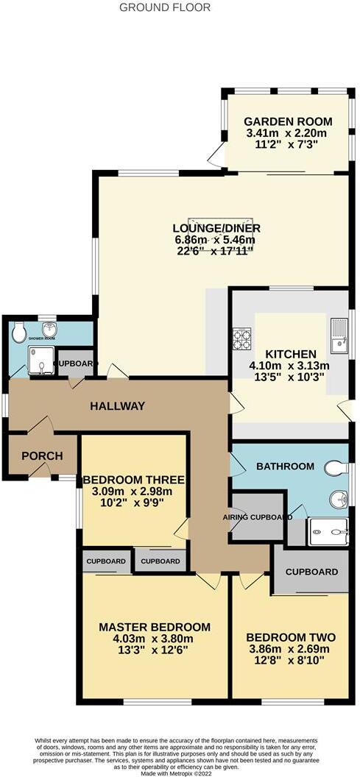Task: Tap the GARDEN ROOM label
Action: [288, 121]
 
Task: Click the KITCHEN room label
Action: [291, 354]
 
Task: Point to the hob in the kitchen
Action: [241, 338]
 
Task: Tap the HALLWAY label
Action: [118, 406]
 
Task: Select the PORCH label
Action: [42, 455]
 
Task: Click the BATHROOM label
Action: [285, 466]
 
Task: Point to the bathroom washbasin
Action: [338, 500]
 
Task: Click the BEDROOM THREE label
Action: [133, 480]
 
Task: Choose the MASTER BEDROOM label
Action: [155, 628]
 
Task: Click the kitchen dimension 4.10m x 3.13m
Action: [292, 366]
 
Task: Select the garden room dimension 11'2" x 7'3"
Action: [288, 145]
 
